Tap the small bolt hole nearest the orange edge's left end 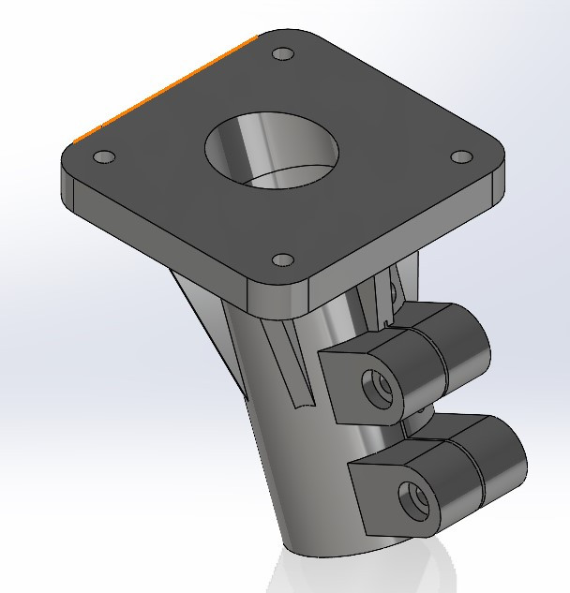(x=104, y=156)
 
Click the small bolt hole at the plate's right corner (x=460, y=157)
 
